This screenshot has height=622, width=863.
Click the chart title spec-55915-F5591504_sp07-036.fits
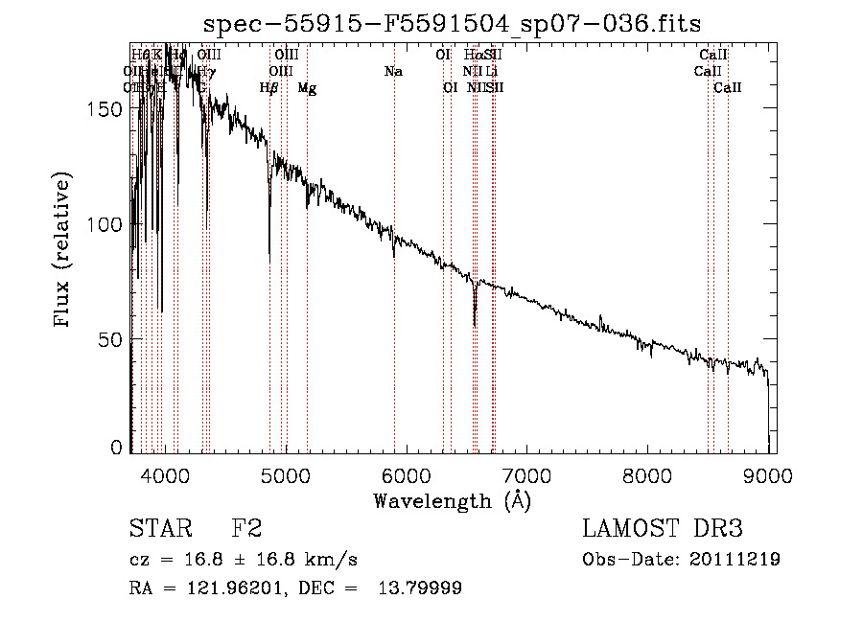pos(453,25)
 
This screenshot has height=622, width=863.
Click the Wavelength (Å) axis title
pos(452,499)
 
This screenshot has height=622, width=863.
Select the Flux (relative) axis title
pos(63,251)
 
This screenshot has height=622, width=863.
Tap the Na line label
pos(393,72)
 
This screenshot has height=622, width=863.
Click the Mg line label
pos(307,88)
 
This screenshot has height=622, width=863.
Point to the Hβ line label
pos(269,88)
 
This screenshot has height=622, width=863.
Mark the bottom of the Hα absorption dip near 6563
pos(474,324)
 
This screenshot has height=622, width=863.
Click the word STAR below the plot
pos(158,530)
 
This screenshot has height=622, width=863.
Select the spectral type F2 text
pos(246,530)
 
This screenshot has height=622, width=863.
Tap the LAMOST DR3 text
pos(662,530)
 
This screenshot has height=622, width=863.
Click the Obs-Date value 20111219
pos(736,560)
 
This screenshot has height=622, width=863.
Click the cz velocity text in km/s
pos(244,560)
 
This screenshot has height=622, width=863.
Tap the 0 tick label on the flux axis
pos(117,448)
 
